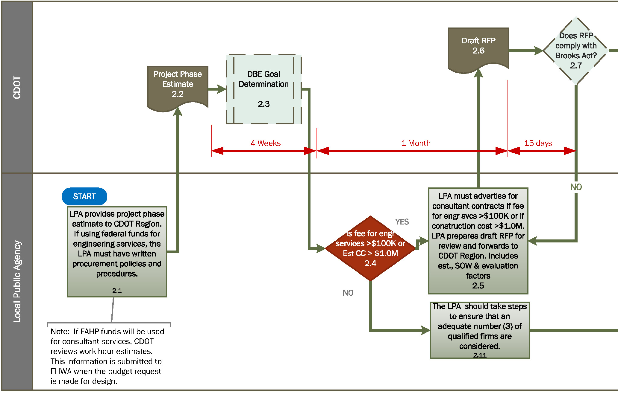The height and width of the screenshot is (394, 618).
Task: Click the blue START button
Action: coord(84,196)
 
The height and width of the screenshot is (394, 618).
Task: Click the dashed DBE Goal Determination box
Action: coord(263,89)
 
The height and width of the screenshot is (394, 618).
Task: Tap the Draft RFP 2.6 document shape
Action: coord(478,48)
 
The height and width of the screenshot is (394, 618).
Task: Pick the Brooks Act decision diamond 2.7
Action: coord(575,51)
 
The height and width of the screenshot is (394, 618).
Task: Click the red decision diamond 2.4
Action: coord(370,248)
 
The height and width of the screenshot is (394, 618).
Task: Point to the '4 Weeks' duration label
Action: coord(266,143)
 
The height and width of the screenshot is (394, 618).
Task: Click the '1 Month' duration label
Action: coord(416,143)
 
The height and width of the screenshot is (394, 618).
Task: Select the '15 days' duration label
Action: coord(538,143)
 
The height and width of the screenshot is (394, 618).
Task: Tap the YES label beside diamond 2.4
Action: coord(402,222)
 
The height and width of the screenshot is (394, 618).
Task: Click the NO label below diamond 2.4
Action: coord(348,293)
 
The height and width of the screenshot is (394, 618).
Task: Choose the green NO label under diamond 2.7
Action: coord(576,187)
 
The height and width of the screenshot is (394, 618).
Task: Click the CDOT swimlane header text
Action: coord(17,87)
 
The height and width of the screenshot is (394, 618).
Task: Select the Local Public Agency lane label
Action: coord(17,281)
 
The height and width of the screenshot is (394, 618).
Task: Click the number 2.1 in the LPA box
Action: coord(117,291)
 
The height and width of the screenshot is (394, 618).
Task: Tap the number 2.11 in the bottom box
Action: coord(479,355)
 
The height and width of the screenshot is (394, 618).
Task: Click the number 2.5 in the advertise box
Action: coord(478,285)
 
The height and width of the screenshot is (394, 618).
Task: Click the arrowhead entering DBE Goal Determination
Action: coord(222,89)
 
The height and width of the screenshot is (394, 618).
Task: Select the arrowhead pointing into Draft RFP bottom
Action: coord(478,73)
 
